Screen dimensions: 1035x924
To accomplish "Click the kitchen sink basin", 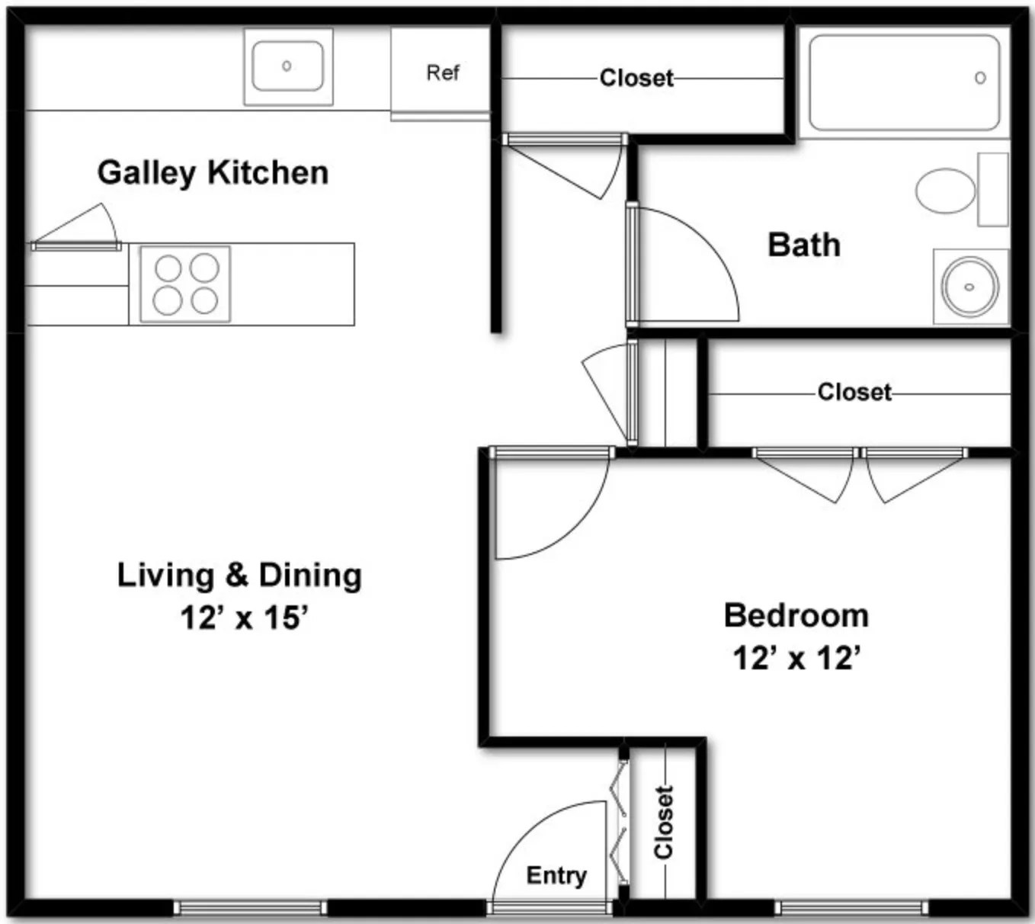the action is click(x=288, y=66).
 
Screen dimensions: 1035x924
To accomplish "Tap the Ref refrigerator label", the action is click(x=443, y=72).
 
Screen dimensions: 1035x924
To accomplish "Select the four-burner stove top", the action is click(x=185, y=284).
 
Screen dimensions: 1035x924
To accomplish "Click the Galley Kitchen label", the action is click(x=213, y=173).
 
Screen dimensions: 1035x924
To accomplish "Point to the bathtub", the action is click(x=904, y=82).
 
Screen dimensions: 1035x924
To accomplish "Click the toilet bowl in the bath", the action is click(x=945, y=191).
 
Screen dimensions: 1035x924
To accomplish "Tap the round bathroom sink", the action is click(x=969, y=287).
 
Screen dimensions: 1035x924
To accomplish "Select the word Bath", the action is click(x=804, y=245).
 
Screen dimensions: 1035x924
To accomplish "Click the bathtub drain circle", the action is click(x=980, y=79).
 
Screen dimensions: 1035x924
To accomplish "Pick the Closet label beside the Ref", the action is click(x=636, y=79).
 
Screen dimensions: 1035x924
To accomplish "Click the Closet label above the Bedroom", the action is click(x=854, y=393).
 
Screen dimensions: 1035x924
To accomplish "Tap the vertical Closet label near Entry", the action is click(x=664, y=823).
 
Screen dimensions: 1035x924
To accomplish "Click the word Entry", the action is click(x=556, y=875).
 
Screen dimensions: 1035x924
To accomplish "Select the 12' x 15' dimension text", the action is click(x=245, y=618).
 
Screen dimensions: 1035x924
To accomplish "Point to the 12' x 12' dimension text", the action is click(x=797, y=658).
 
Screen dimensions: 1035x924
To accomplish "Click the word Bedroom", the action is click(x=796, y=616).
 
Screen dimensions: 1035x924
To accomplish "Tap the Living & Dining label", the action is click(x=239, y=576).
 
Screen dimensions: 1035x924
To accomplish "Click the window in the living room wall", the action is click(x=250, y=908).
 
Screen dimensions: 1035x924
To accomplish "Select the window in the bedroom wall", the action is click(x=851, y=908).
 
